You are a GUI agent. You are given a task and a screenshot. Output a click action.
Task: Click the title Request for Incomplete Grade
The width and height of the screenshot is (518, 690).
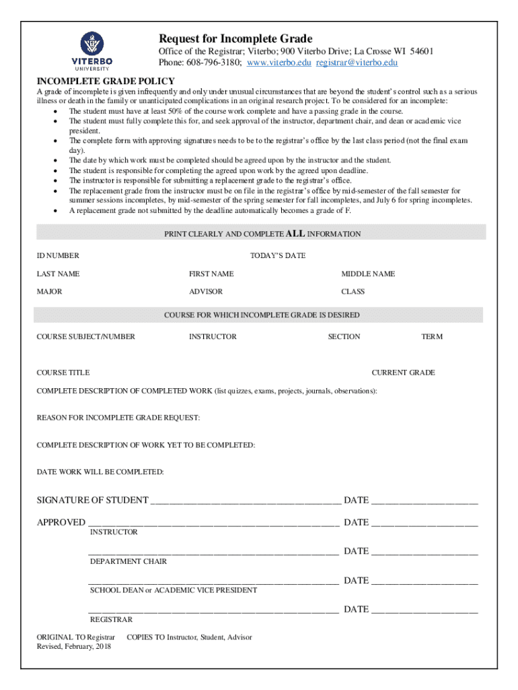coord(235,38)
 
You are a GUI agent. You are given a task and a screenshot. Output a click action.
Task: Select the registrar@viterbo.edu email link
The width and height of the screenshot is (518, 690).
coord(357,63)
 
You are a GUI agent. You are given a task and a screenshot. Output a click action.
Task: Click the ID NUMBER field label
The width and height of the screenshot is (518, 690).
coord(58,256)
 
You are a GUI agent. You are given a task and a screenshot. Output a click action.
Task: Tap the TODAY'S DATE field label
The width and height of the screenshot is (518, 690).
coord(278,256)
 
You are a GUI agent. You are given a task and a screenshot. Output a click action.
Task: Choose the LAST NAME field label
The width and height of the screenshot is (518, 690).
coord(58,274)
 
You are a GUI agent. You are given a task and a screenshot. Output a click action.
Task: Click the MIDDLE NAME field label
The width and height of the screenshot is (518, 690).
coord(368,274)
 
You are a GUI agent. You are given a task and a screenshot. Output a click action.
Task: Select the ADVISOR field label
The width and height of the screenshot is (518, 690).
coord(206,292)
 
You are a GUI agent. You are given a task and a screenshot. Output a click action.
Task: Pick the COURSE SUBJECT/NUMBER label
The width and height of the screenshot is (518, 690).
coord(85,337)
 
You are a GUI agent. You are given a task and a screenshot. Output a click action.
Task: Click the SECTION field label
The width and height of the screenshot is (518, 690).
coord(344,337)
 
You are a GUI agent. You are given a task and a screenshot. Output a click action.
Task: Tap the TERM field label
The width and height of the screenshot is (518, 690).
coord(432,337)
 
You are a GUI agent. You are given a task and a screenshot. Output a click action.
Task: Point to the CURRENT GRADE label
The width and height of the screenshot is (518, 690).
coord(403,373)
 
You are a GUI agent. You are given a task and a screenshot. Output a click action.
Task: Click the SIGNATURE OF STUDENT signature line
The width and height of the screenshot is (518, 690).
coord(246,501)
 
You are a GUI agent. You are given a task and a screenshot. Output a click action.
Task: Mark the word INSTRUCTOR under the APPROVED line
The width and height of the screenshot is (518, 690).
coord(114,532)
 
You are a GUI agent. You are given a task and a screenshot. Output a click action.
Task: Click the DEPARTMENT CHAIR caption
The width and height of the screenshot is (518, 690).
coord(128,561)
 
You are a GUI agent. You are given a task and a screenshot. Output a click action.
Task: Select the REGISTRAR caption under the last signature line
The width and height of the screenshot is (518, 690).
coord(111,620)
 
